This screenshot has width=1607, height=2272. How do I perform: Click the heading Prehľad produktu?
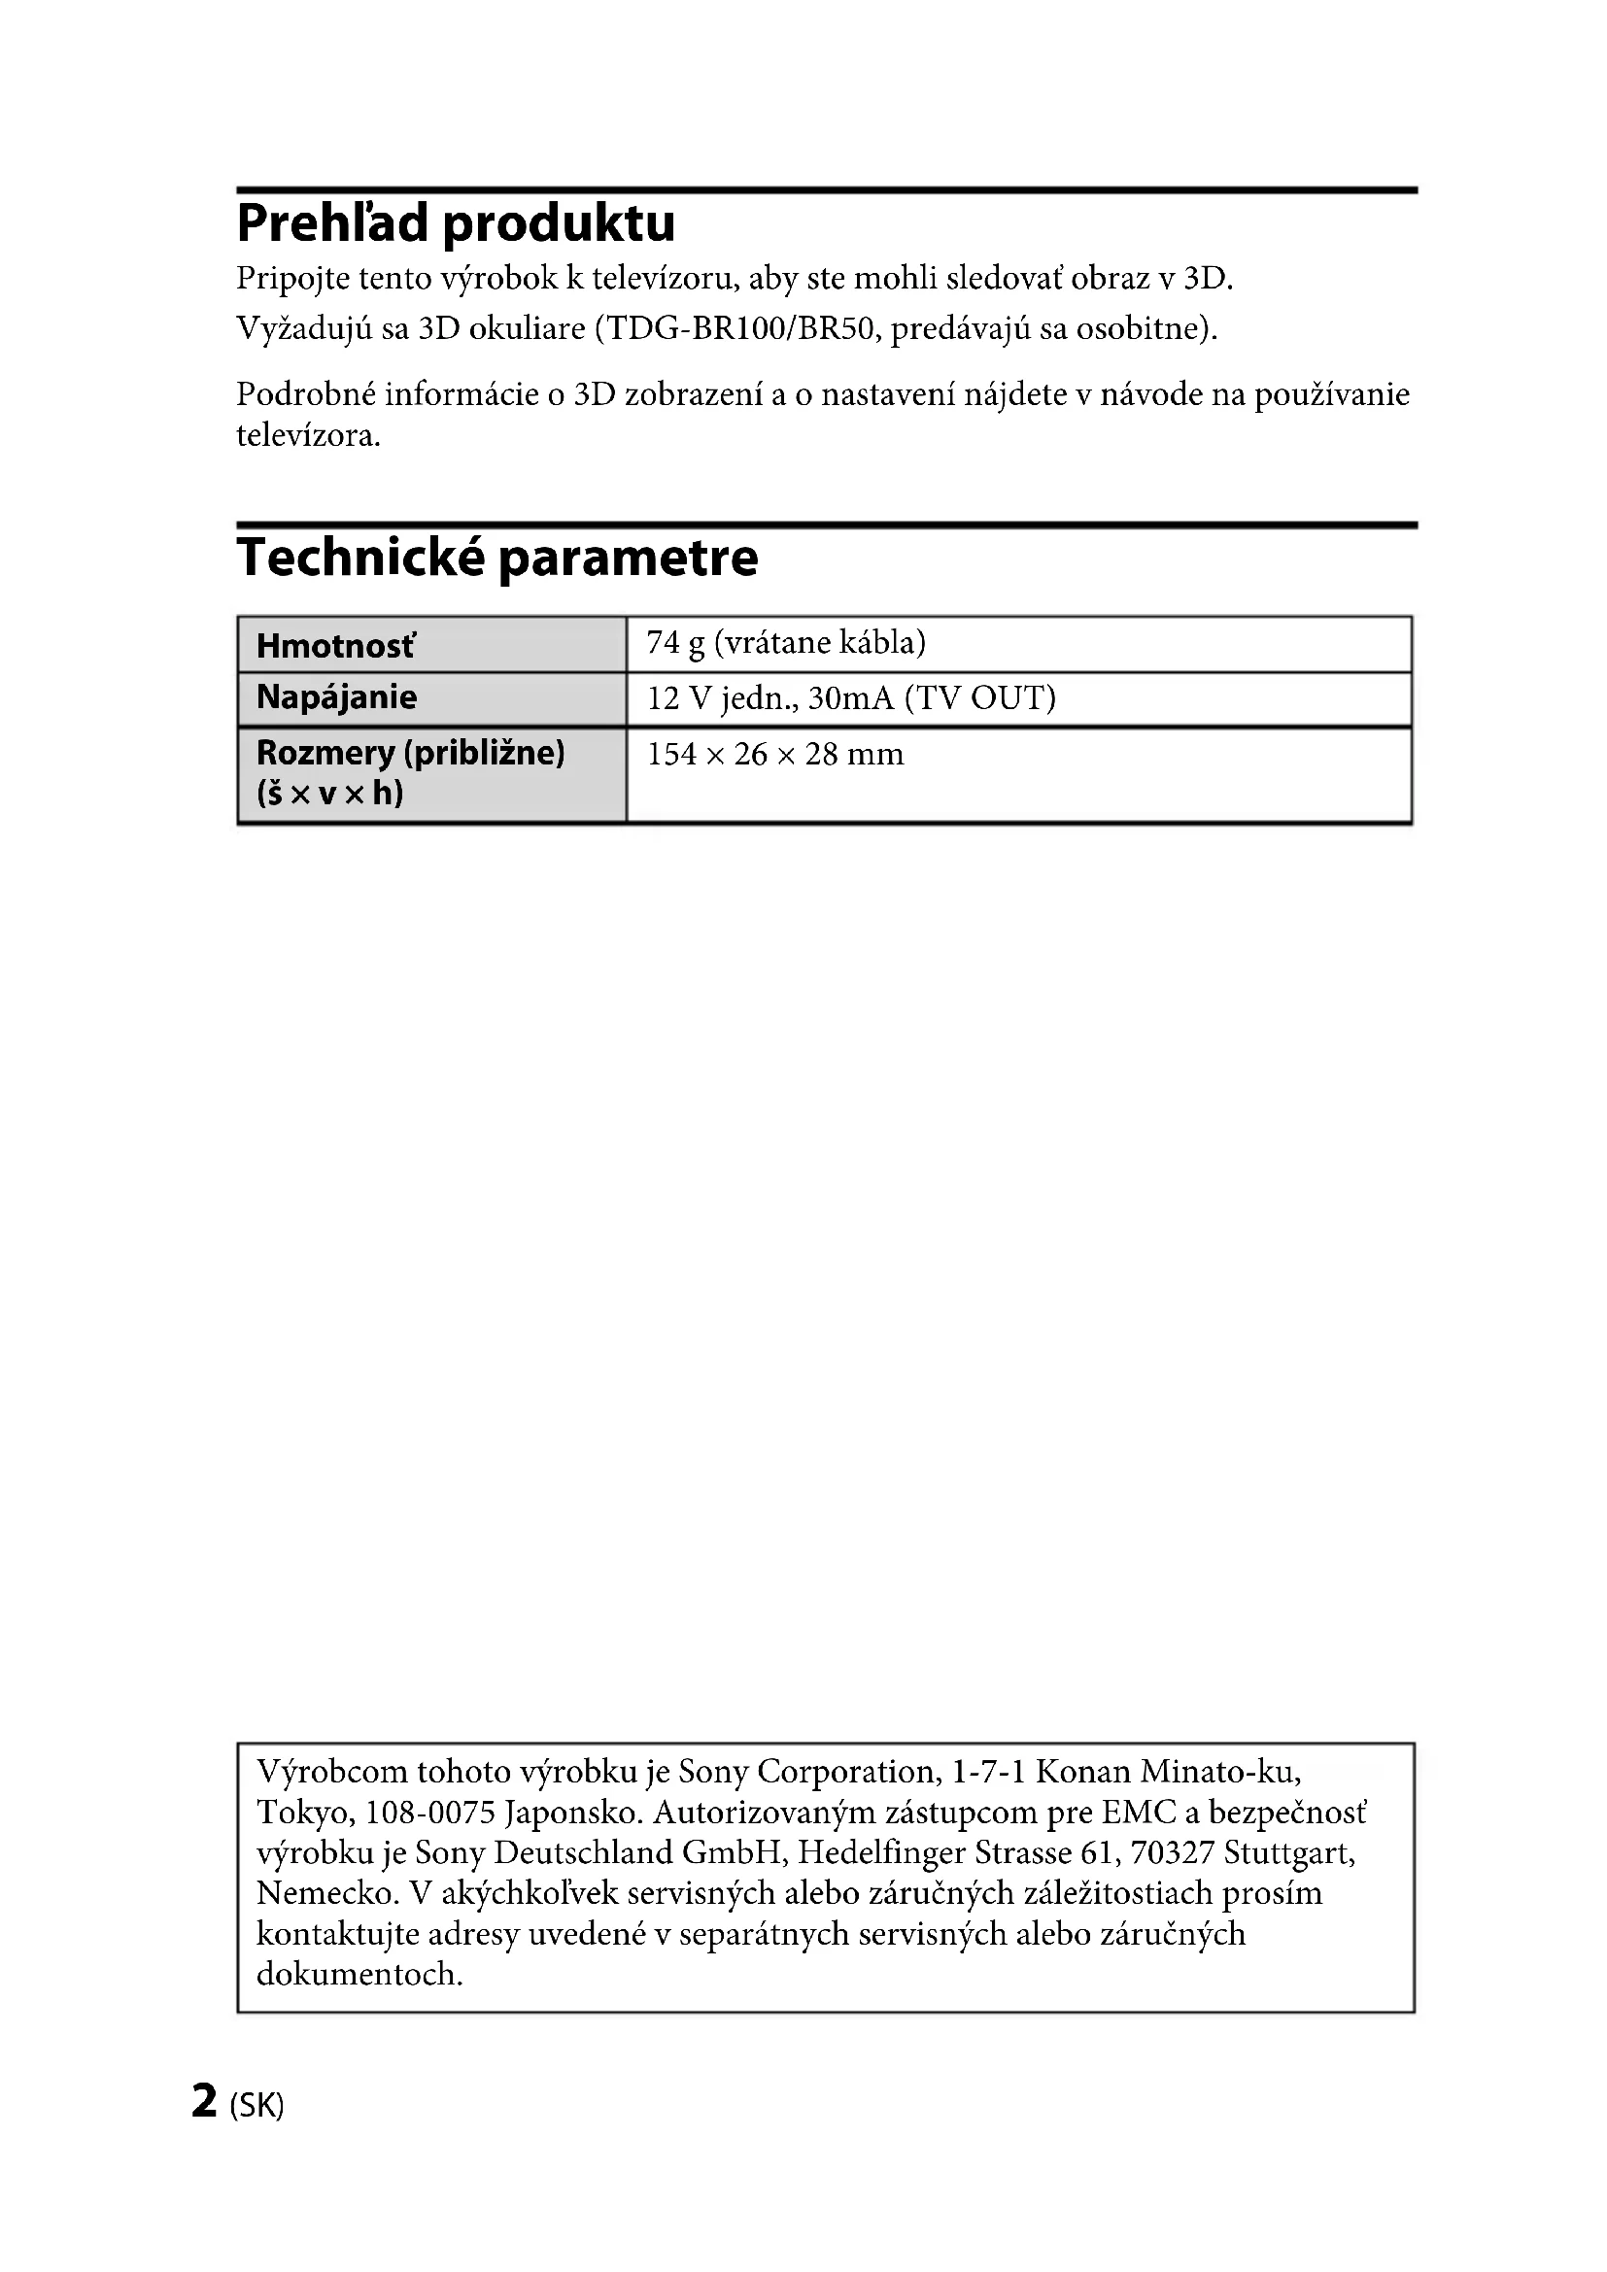(455, 222)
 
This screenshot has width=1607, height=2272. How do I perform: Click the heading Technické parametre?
(496, 558)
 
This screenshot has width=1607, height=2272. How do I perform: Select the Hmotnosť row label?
(335, 646)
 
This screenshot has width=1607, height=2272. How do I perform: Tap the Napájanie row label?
(336, 697)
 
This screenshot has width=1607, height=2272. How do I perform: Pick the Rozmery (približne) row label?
(410, 754)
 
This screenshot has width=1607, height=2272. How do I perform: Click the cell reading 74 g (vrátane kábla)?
(786, 644)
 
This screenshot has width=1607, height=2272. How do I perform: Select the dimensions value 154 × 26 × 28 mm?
(774, 755)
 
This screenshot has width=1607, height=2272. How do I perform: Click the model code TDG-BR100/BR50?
(741, 328)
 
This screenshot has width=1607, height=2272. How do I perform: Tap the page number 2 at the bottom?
(204, 2101)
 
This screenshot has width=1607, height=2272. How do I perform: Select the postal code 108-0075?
(429, 1812)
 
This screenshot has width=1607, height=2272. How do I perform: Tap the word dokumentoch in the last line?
(359, 1974)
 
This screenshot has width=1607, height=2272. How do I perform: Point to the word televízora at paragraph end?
(308, 435)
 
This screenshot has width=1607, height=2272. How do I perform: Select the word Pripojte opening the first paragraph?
(292, 280)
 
